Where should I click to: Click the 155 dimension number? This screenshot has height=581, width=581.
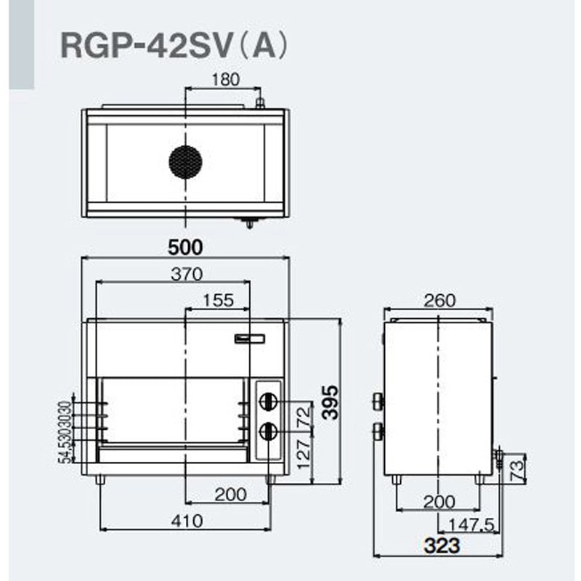point(218,299)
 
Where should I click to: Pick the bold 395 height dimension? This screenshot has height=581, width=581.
point(331,401)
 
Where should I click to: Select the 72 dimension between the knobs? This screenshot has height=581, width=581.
point(304,416)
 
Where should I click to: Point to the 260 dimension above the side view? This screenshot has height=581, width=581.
point(439,300)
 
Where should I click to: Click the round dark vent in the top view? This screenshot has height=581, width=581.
point(185,161)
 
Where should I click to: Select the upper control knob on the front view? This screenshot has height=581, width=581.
point(269,400)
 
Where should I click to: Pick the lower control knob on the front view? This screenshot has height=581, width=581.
point(269,431)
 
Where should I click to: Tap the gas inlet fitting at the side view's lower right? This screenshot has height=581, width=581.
point(497,457)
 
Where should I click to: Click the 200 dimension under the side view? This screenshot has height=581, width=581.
point(439,501)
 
